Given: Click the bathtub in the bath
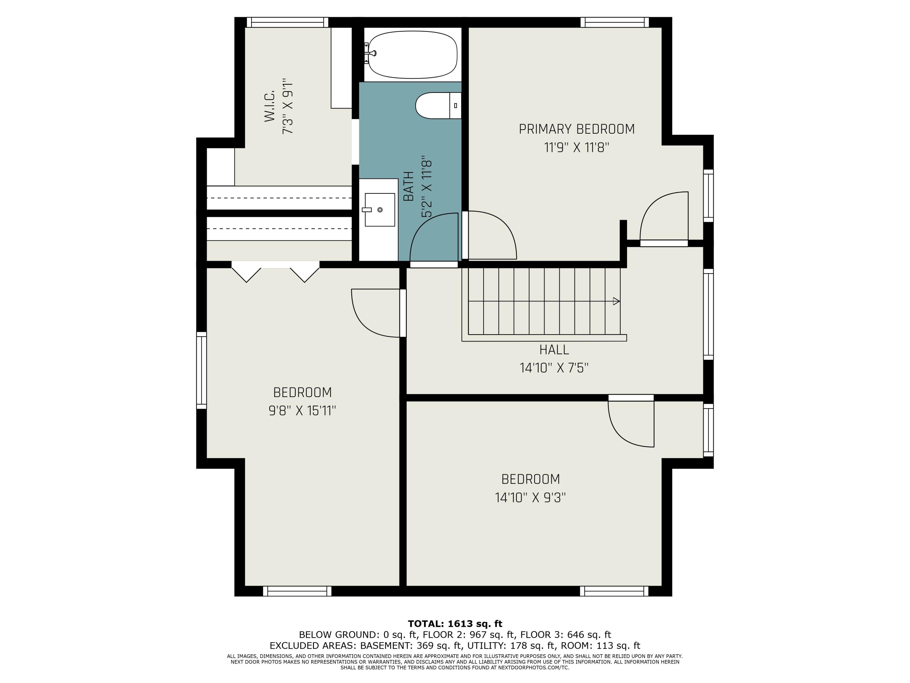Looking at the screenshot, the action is pos(412,55).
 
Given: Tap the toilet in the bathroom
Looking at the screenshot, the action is pos(438,105).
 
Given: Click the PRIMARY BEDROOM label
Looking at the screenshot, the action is pos(576,129).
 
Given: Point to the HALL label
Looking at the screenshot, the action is pos(554,349).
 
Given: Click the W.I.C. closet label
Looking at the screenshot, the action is pos(269,106).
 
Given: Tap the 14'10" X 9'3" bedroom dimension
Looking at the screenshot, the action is pos(530,497).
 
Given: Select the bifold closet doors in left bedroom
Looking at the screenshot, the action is pos(275,272).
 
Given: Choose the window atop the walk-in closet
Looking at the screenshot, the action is pos(287,22).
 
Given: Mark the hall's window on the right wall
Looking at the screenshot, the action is pos(708,314).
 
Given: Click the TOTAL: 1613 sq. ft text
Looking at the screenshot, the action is pos(455,624).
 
